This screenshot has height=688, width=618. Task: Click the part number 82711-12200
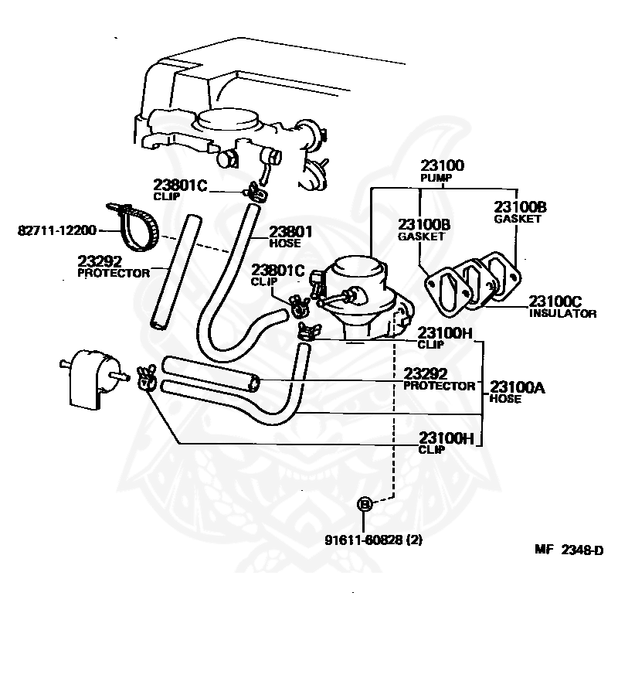click(56, 230)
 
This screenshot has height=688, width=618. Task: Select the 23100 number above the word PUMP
click(442, 165)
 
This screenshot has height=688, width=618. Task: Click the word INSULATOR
click(562, 313)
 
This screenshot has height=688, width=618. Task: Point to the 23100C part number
click(555, 301)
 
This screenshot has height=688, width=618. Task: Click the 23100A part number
click(517, 387)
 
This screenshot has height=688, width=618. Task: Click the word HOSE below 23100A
click(505, 399)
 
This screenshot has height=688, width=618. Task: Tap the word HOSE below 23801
click(284, 243)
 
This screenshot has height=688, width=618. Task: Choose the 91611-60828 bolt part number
click(364, 540)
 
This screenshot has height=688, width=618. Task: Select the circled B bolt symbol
click(365, 504)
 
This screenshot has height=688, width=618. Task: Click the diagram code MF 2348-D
click(569, 550)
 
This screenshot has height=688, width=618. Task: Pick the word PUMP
click(436, 178)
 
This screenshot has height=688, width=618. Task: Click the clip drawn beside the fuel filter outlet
click(145, 377)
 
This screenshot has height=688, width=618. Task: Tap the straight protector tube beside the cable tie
click(175, 271)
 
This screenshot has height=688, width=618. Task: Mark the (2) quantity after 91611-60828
click(415, 540)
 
